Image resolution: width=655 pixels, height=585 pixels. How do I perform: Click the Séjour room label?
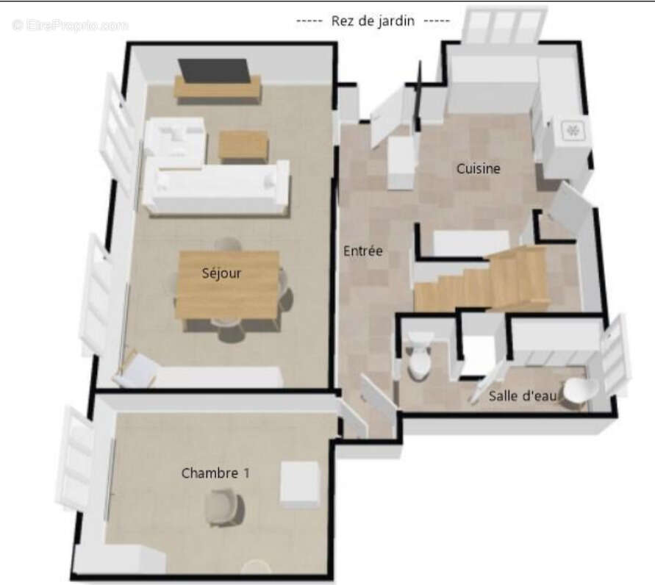(x=221, y=273)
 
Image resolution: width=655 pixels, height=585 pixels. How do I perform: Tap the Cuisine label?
(x=479, y=169)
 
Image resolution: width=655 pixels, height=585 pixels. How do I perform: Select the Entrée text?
(x=363, y=251)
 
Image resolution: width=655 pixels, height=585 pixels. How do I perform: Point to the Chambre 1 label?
(x=215, y=473)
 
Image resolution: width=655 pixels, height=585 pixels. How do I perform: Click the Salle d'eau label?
(x=523, y=396)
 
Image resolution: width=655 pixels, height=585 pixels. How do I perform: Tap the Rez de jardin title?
(x=373, y=21)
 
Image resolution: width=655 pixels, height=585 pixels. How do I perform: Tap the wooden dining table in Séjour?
(x=228, y=284)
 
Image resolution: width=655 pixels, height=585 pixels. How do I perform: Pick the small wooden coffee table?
(x=243, y=145)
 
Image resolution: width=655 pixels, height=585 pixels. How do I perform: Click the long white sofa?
(x=217, y=188)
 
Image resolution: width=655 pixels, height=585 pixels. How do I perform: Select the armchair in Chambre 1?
(x=225, y=506)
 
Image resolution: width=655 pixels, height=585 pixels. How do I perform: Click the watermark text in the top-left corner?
(x=70, y=26)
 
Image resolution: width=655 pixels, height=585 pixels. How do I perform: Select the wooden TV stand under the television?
(x=218, y=89)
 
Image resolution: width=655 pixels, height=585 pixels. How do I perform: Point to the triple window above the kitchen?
(x=506, y=25)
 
